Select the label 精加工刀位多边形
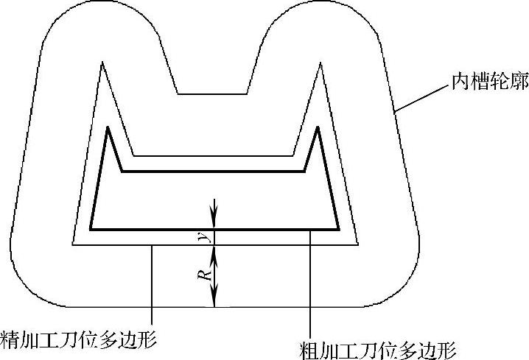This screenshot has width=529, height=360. pos(79,339)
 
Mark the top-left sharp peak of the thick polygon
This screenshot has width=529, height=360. pos(108,128)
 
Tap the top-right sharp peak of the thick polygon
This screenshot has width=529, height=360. pos(318,127)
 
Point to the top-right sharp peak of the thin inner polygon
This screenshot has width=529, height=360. pos(321,63)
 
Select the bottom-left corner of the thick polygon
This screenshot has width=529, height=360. pos(91,229)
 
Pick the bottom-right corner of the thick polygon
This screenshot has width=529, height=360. pos(337,229)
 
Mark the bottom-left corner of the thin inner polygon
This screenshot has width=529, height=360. pos(72,244)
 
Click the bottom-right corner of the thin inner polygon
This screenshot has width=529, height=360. pos(357,244)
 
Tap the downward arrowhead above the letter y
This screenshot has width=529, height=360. pos(214,222)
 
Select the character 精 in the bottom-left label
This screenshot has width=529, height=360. pos(10,339)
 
